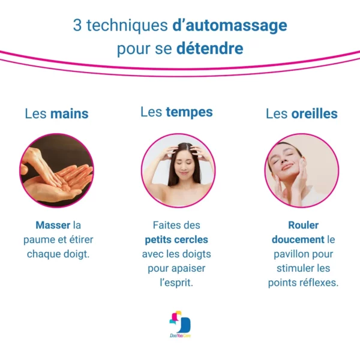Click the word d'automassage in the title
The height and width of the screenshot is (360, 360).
coord(230,25)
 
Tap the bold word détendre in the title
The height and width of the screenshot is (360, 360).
coord(209,48)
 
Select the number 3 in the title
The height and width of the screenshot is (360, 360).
coord(77,25)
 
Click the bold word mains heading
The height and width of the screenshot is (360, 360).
coord(70,113)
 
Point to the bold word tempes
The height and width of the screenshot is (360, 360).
coord(189,113)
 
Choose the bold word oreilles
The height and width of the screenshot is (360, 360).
coord(314,113)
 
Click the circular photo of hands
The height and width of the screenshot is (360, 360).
coord(56,170)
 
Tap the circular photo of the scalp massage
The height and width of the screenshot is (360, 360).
coord(178,170)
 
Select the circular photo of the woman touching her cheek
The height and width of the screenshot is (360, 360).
coord(302,170)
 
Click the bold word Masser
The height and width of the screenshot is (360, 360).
coord(53,225)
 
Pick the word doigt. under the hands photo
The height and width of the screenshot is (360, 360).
coord(76,254)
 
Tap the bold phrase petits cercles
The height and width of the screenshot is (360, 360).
coord(176,240)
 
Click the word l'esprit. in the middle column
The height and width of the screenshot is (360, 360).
coord(176,283)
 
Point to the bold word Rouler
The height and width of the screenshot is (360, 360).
coord(303,225)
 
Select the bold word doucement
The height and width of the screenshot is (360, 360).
coord(298,239)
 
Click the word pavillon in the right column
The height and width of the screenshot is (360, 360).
coord(289,254)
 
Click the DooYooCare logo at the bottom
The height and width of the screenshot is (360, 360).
coord(180,324)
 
